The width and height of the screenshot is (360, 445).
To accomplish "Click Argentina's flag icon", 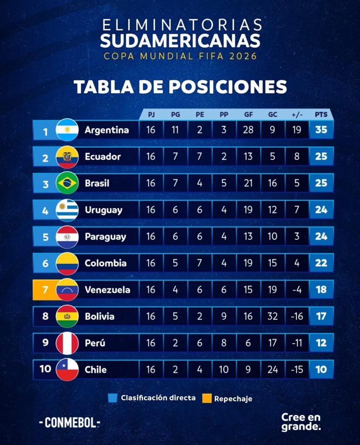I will (x=67, y=130).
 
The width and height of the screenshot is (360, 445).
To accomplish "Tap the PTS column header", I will (x=321, y=115).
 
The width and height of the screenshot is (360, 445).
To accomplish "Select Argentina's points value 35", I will (x=321, y=130).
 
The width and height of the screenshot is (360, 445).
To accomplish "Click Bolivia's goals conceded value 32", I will (x=273, y=316).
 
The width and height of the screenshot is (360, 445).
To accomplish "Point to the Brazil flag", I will (x=67, y=183).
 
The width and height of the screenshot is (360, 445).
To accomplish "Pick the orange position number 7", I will (x=45, y=289).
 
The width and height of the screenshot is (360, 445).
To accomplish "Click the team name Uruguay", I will (x=103, y=210).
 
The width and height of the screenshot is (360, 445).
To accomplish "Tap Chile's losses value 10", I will (x=223, y=370).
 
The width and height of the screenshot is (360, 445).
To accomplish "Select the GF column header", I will (x=248, y=115).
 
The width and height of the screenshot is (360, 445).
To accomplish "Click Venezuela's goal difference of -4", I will (x=297, y=289).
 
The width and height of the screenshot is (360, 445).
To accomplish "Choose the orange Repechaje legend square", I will (x=207, y=398).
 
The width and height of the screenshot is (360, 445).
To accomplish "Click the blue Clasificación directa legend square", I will (x=113, y=398).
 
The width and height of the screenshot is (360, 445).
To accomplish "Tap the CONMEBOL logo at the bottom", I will (x=70, y=422).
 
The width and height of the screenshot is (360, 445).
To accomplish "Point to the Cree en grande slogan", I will (x=301, y=422).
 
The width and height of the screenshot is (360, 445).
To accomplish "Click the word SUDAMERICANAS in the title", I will (x=180, y=40).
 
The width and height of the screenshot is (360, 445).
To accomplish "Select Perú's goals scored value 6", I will (x=248, y=343).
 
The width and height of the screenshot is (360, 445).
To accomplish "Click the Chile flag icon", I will (x=67, y=370).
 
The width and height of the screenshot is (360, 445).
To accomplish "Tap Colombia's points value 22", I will (x=321, y=263).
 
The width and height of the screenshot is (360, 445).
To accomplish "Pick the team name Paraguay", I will (x=105, y=237).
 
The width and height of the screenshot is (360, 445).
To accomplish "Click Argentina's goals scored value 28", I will (x=248, y=130).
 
